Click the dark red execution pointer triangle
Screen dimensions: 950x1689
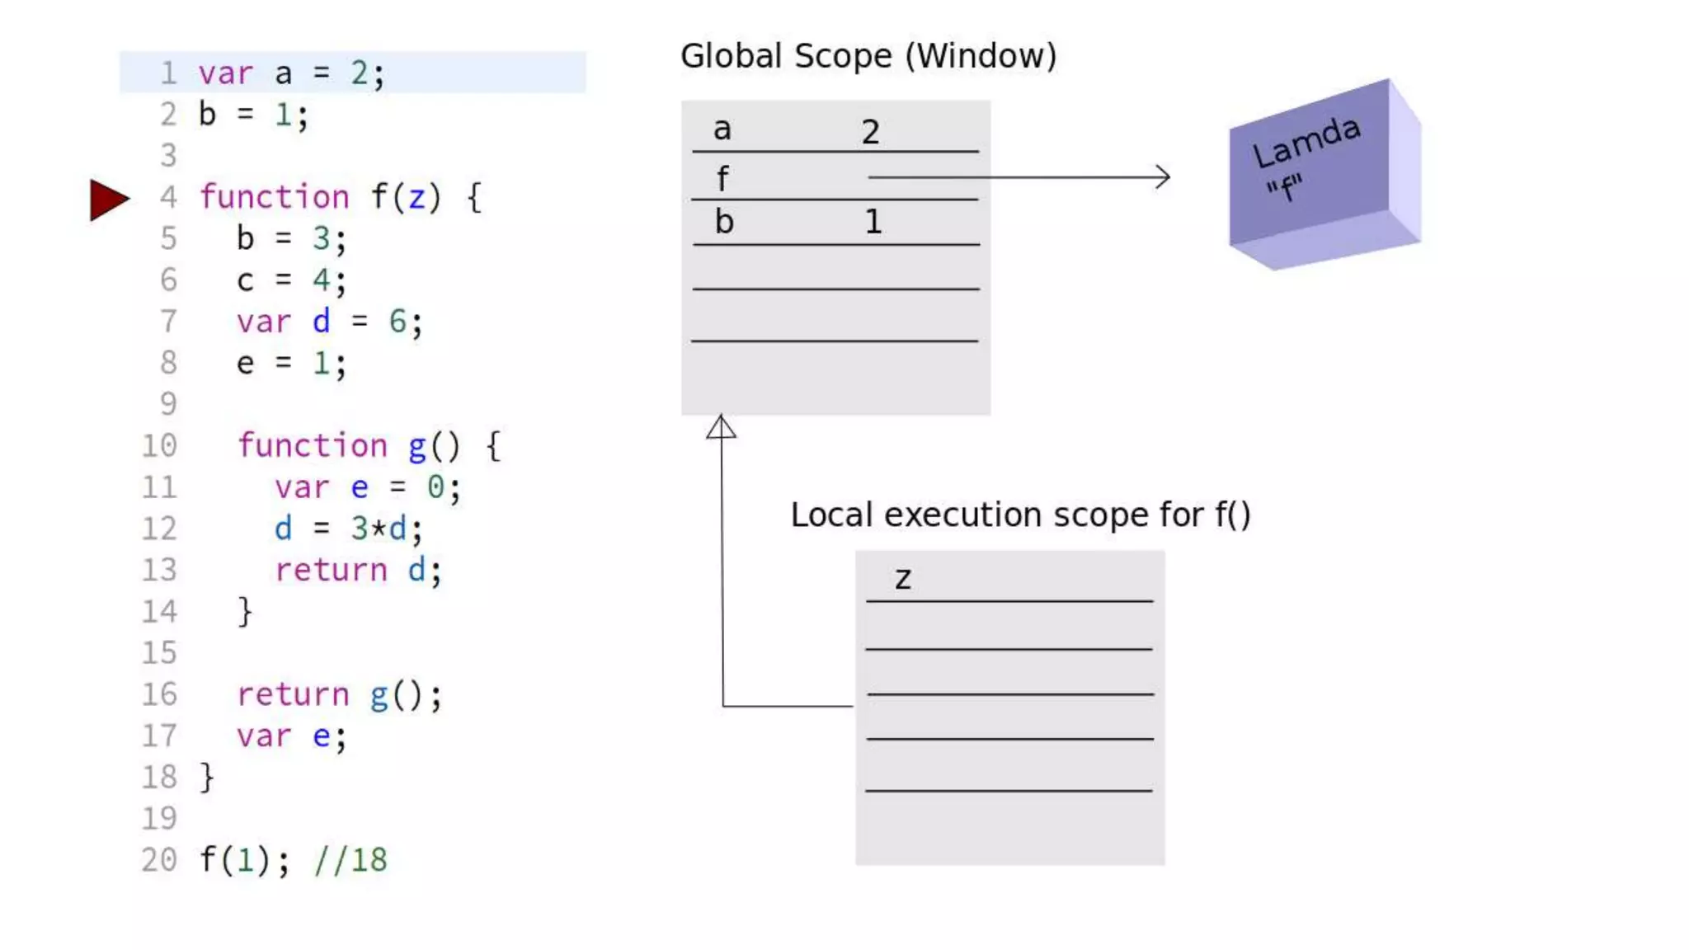(x=108, y=200)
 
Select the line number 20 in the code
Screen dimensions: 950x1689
(x=159, y=859)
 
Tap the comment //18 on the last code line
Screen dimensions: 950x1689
(x=351, y=859)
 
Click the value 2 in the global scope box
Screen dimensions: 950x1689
(x=871, y=132)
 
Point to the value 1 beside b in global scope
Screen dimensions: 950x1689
(x=873, y=222)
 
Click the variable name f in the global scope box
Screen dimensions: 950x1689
(x=722, y=178)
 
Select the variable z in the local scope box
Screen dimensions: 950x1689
(x=903, y=579)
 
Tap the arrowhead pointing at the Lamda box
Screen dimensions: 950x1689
(x=1163, y=176)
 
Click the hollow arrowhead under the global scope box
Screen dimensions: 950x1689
(x=721, y=427)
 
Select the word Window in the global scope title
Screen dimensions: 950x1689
(x=981, y=56)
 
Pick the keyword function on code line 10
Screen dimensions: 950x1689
(x=313, y=445)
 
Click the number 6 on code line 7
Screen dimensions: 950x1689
(x=398, y=321)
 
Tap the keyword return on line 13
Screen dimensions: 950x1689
(x=331, y=570)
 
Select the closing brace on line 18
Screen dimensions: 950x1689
(x=207, y=777)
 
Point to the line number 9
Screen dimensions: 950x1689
(x=168, y=403)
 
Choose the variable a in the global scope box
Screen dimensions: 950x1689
(x=722, y=129)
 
